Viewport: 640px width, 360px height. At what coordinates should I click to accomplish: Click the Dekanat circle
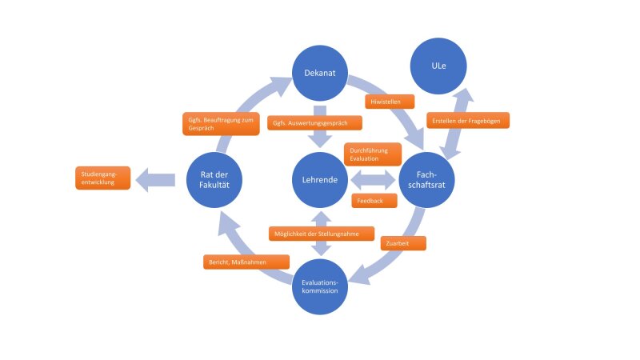coord(320,73)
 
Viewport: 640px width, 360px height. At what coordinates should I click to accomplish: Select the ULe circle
coord(438,66)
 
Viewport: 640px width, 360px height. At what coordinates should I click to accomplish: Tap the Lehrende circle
coord(320,180)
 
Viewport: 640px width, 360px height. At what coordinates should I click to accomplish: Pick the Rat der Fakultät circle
coord(214,180)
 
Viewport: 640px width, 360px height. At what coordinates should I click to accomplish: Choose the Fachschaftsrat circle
coord(426,180)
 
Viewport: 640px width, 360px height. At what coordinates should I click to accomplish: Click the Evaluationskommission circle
coord(320,286)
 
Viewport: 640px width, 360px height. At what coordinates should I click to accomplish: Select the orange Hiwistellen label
coord(390,102)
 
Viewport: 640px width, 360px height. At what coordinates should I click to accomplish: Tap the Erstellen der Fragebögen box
coord(468,121)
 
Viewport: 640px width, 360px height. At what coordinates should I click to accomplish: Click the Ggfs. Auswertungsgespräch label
coord(314,123)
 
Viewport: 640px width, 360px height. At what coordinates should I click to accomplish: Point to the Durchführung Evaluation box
coord(373,154)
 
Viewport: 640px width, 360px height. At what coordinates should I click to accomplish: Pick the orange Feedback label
coord(374,201)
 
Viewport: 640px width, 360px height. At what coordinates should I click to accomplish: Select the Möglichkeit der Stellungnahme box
coord(322,234)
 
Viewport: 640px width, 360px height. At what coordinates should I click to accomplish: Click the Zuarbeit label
coord(403,243)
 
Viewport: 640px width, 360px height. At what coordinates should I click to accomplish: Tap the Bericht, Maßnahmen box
coord(246,262)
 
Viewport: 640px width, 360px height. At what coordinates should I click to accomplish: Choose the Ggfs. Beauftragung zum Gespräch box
coord(222,124)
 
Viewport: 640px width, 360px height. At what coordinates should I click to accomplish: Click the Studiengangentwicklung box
coord(103,178)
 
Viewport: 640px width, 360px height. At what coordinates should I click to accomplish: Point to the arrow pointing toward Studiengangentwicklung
coord(155,180)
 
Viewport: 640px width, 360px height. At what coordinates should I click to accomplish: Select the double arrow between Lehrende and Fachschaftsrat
coord(373,180)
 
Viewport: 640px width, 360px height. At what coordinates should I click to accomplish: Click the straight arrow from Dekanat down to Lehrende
coord(320,126)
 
